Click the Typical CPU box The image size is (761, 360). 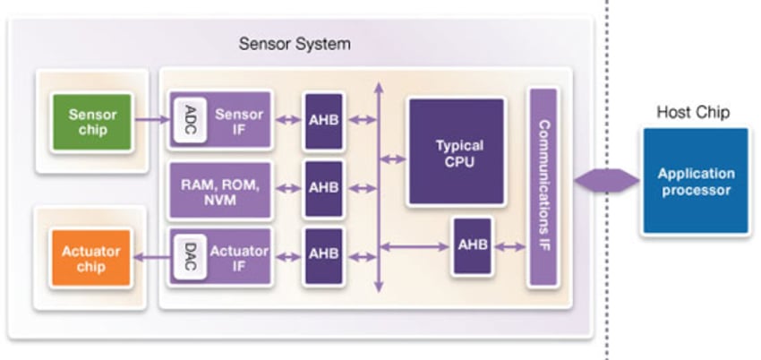click(x=459, y=152)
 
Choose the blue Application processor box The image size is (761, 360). click(x=695, y=181)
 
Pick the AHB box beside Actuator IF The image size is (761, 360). click(x=323, y=254)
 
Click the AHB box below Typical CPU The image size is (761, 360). click(x=472, y=244)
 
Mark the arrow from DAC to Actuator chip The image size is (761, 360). click(x=150, y=257)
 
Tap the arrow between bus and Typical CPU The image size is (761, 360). click(x=392, y=159)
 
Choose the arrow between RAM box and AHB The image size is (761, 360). click(x=286, y=188)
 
